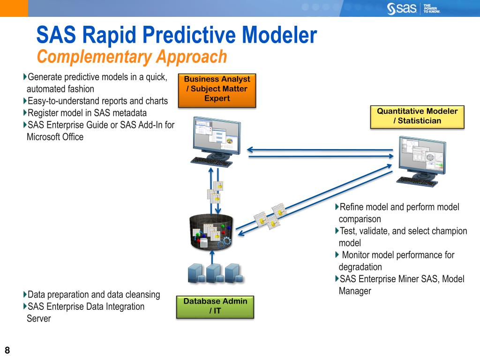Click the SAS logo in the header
(403, 8)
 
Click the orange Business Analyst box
(217, 89)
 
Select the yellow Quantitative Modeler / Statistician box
(417, 116)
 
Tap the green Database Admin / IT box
(215, 306)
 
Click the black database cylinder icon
(212, 232)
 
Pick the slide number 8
(7, 350)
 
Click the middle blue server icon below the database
(214, 273)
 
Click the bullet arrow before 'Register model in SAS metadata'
(25, 112)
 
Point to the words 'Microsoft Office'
(55, 137)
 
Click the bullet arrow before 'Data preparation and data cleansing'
(25, 295)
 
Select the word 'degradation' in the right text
(360, 267)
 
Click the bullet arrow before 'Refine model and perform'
(337, 207)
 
